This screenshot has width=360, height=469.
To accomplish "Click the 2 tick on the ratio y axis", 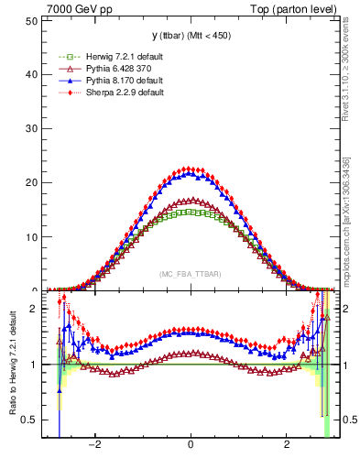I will tap(36, 310).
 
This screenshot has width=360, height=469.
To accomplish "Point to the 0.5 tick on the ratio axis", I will tap(32, 420).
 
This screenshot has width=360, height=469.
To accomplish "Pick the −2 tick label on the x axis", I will tap(94, 445).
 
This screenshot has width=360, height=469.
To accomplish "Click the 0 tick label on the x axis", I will tap(191, 445).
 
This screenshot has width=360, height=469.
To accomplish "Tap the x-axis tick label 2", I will tap(286, 445).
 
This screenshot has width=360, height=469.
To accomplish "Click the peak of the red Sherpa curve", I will tap(191, 169).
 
